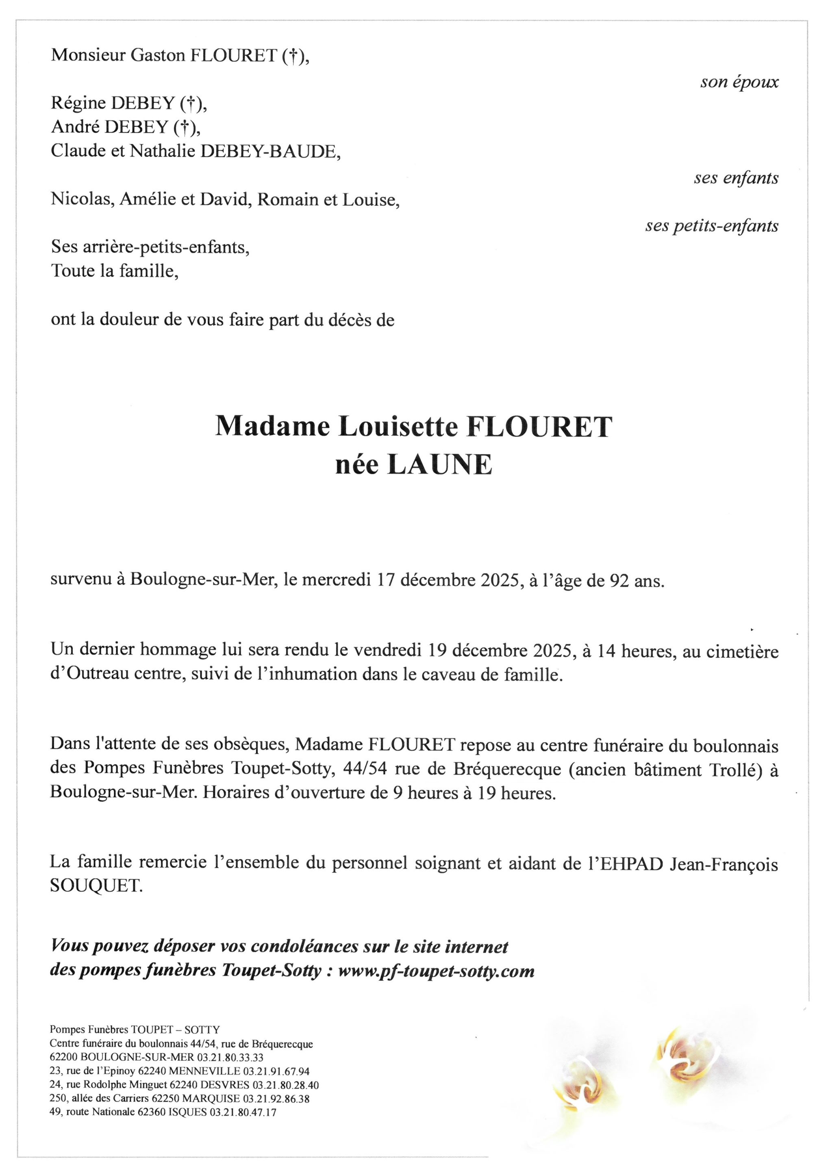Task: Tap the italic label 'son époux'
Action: point(739,82)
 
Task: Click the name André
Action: point(76,127)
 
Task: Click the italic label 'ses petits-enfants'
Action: point(711,225)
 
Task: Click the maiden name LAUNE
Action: point(439,465)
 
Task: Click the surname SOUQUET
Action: point(96,886)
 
